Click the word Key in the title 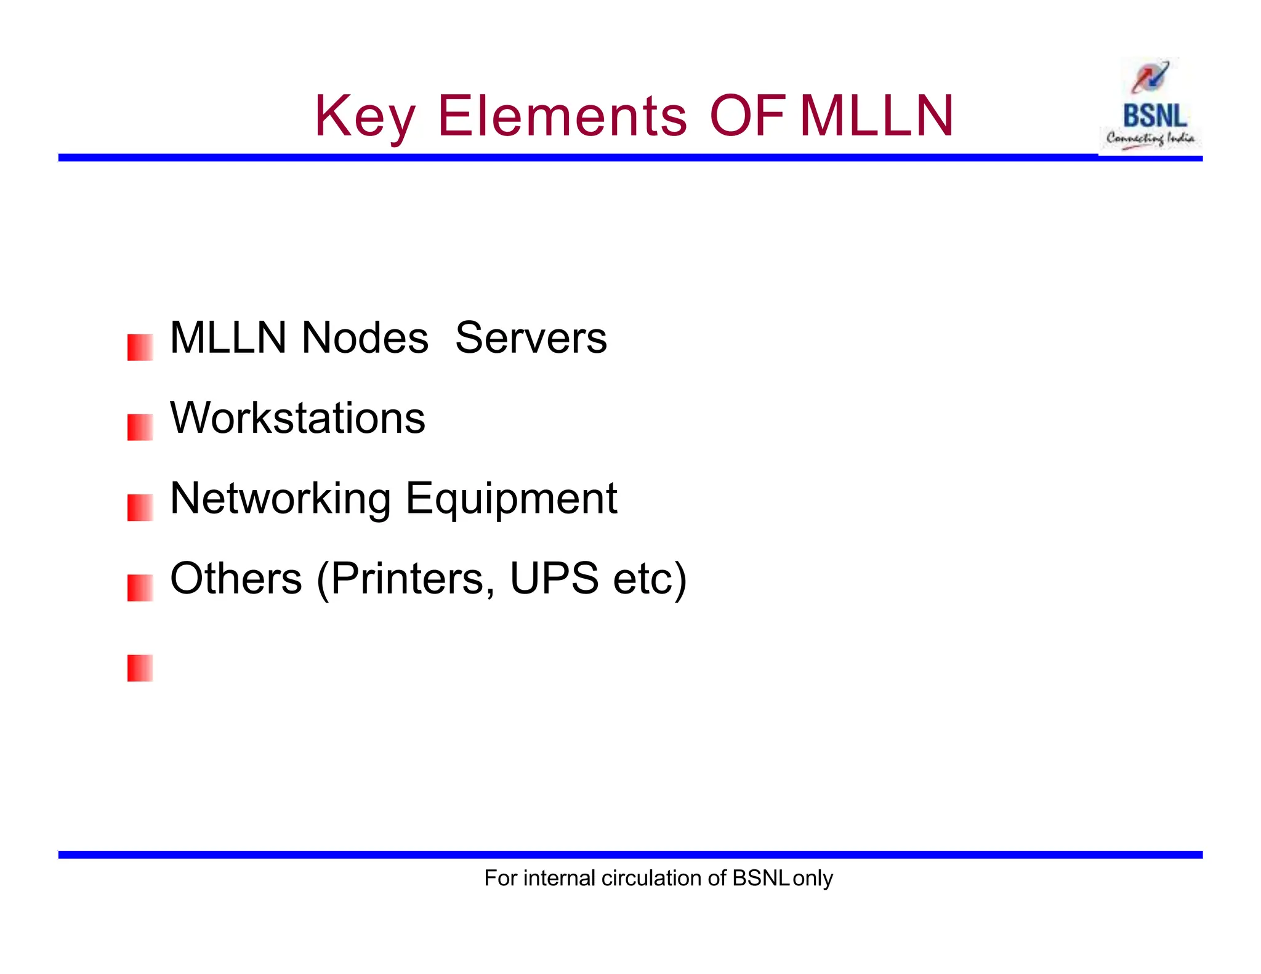point(365,117)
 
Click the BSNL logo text point(1154,116)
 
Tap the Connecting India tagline point(1150,139)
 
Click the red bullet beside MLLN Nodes point(140,347)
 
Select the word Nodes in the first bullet point(365,338)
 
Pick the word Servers point(531,338)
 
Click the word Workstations point(297,418)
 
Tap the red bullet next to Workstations point(140,427)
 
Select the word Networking point(280,498)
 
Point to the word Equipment point(511,498)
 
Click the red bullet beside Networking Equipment point(140,508)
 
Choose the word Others point(236,579)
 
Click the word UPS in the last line point(554,579)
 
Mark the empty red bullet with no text point(140,668)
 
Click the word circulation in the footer point(652,878)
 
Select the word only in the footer point(813,878)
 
